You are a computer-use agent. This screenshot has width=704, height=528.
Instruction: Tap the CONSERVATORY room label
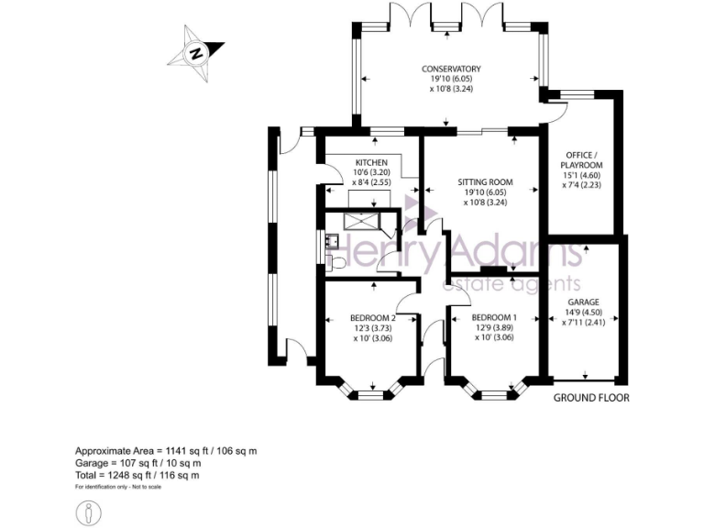(x=451, y=69)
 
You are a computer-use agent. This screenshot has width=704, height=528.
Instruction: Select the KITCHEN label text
(x=372, y=163)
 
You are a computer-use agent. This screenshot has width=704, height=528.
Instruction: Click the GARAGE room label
(x=583, y=302)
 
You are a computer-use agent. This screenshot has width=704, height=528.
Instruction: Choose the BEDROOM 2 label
(x=372, y=317)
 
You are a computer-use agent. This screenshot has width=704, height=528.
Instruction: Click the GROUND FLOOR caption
(x=591, y=399)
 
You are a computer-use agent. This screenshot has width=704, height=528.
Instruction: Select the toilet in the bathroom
(x=335, y=263)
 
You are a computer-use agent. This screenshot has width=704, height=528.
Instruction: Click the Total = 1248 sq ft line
(x=137, y=475)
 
